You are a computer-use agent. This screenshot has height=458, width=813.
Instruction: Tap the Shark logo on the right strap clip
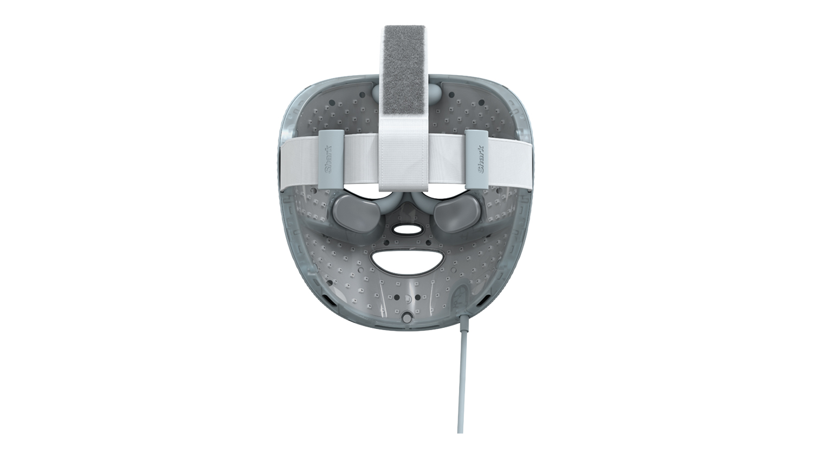click(x=480, y=159)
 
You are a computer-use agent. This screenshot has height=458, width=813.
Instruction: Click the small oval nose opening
click(x=405, y=230)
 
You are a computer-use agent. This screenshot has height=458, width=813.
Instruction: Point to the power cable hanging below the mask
click(x=460, y=374)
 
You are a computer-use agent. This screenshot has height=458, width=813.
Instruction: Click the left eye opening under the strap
click(x=365, y=194)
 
